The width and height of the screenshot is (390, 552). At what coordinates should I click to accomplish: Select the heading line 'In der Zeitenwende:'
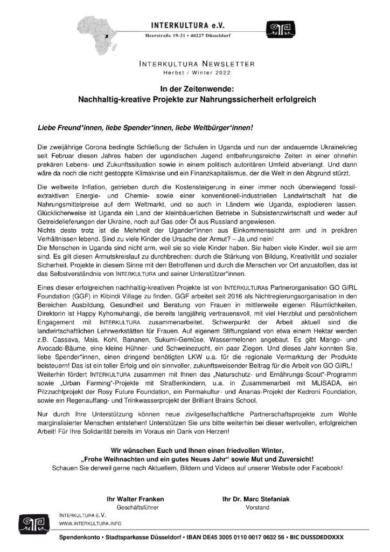click(x=194, y=90)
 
